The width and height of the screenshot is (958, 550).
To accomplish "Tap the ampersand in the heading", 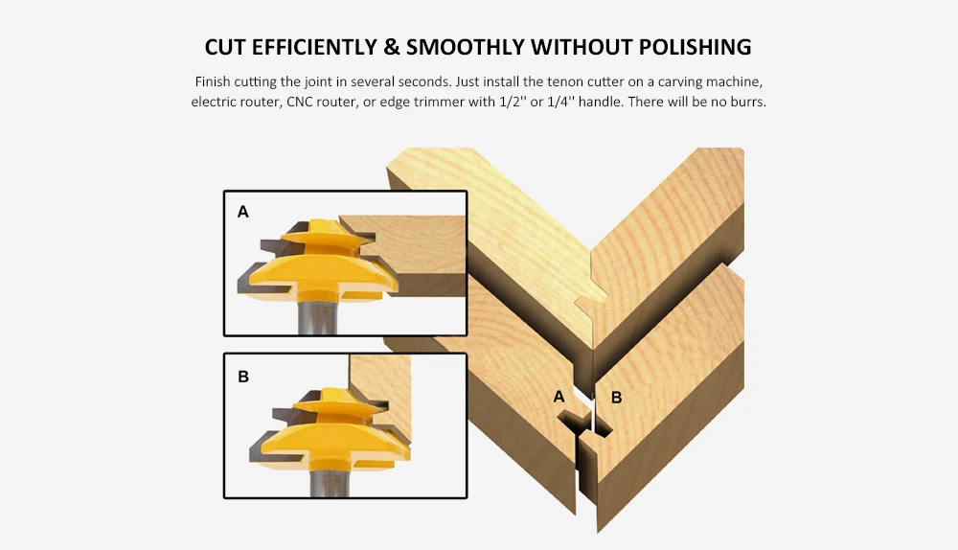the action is click(x=392, y=47).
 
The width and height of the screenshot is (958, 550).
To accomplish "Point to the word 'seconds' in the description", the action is click(x=423, y=81).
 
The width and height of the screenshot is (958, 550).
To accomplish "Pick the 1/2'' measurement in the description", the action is click(x=513, y=102).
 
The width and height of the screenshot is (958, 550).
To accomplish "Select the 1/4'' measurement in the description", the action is click(x=559, y=102).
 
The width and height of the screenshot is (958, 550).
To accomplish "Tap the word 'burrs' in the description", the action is click(x=748, y=102).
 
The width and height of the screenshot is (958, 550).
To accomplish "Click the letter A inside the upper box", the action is click(x=243, y=212).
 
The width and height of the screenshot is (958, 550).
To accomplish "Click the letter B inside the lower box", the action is click(x=243, y=377).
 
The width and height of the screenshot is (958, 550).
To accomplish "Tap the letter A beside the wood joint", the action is click(x=559, y=397).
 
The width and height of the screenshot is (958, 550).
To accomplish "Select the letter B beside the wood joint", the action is click(x=616, y=398).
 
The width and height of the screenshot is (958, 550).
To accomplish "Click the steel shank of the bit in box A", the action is click(x=317, y=315).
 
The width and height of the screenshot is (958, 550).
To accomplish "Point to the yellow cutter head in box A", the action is click(x=318, y=263).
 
